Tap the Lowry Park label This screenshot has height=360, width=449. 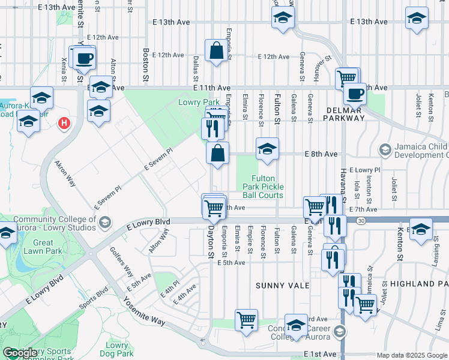tap(199, 103)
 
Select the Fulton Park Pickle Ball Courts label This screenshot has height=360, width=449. tap(263, 187)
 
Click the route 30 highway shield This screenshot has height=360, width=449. tap(360, 221)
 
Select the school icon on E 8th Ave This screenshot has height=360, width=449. tap(267, 149)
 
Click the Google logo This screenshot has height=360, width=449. tap(20, 353)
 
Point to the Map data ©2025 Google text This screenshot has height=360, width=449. tap(411, 355)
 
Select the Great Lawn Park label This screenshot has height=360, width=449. tap(43, 247)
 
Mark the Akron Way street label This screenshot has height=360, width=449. tap(65, 173)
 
